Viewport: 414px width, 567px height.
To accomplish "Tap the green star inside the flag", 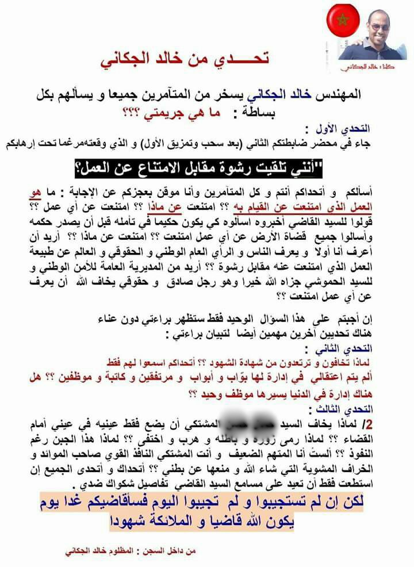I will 343,21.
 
